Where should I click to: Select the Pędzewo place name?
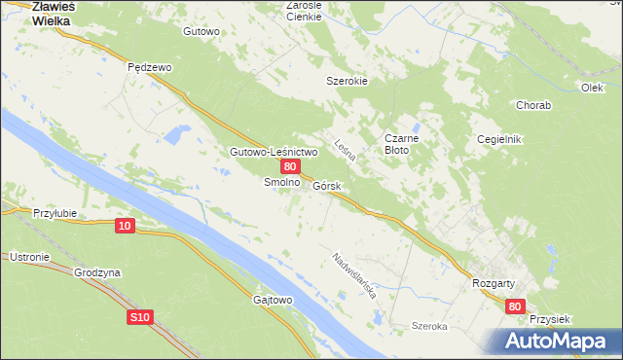pos(150,67)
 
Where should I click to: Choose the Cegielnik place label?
pos(499,139)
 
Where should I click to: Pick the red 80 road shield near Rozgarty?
pos(516,306)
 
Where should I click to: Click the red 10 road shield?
pos(124,226)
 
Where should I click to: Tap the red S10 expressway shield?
pos(139,317)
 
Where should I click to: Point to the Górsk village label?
pos(326,185)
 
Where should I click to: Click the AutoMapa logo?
pos(558,342)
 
